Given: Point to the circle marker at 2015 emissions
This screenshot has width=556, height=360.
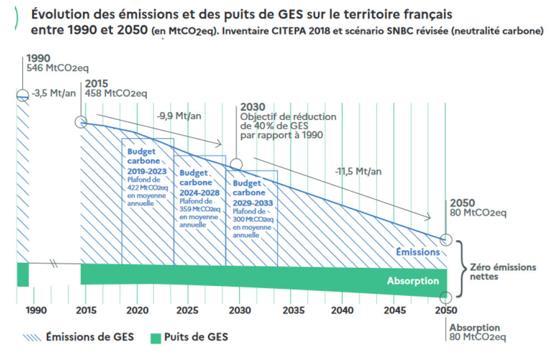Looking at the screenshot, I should [x=81, y=122].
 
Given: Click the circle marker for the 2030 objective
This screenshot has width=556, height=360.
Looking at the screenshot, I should [x=236, y=164].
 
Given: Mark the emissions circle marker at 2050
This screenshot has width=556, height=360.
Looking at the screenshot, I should [x=447, y=240].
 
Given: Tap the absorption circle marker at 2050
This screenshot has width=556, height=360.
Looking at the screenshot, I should [x=447, y=297].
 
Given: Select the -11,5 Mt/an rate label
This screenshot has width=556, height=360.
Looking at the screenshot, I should [x=358, y=172].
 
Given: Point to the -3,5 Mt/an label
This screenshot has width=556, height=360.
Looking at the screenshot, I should [x=54, y=93].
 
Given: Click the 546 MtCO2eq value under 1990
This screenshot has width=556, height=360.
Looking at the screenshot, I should [x=57, y=68].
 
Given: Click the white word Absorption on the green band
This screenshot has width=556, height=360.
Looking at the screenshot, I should [x=413, y=281].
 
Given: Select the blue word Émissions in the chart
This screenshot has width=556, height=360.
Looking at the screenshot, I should [x=418, y=252].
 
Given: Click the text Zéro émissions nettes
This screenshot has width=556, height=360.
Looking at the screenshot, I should [x=502, y=272].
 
